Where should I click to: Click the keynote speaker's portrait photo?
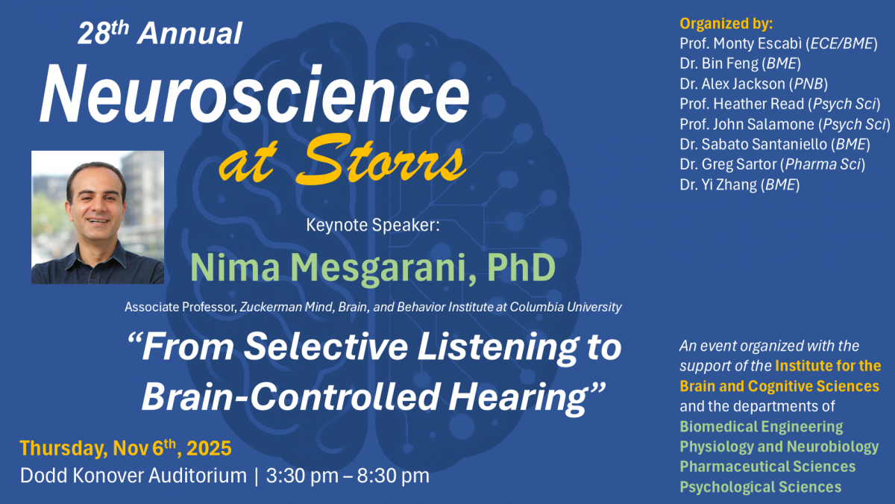coord(98,217)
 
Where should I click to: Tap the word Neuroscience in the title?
coord(254,94)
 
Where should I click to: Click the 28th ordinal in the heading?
coord(104,33)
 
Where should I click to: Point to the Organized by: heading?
coord(726,24)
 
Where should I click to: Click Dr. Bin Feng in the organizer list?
coord(719,63)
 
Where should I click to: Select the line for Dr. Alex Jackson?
coord(732,84)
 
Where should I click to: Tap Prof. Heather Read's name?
coord(741,104)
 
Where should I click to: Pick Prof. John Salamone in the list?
coord(747,125)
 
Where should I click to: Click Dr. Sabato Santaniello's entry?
coord(753,144)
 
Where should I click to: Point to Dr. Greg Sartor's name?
coord(728,164)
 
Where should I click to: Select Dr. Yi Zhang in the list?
coord(718,185)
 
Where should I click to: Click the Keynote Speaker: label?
coord(373,225)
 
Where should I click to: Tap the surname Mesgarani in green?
coord(382,268)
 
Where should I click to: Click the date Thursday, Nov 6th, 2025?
coord(125,447)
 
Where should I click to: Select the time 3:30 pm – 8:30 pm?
coord(348,476)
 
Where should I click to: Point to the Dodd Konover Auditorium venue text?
coord(134,476)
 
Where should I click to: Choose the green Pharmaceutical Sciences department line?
coord(767,467)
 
